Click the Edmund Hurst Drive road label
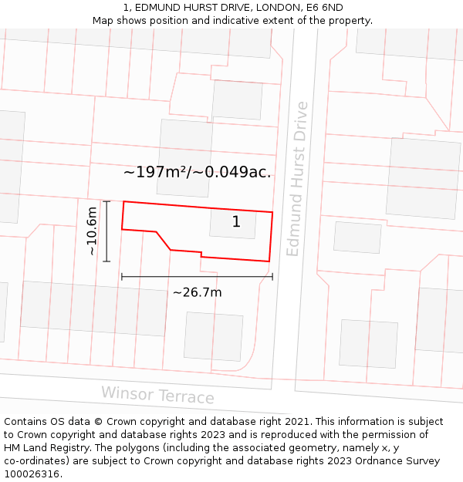(297, 179)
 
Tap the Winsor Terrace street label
(157, 396)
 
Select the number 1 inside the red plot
(236, 222)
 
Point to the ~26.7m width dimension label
(197, 292)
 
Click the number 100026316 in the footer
(30, 474)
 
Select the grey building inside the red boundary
(232, 224)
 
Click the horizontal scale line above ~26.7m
(197, 276)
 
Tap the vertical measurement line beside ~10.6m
(106, 231)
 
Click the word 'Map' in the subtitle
(103, 20)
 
